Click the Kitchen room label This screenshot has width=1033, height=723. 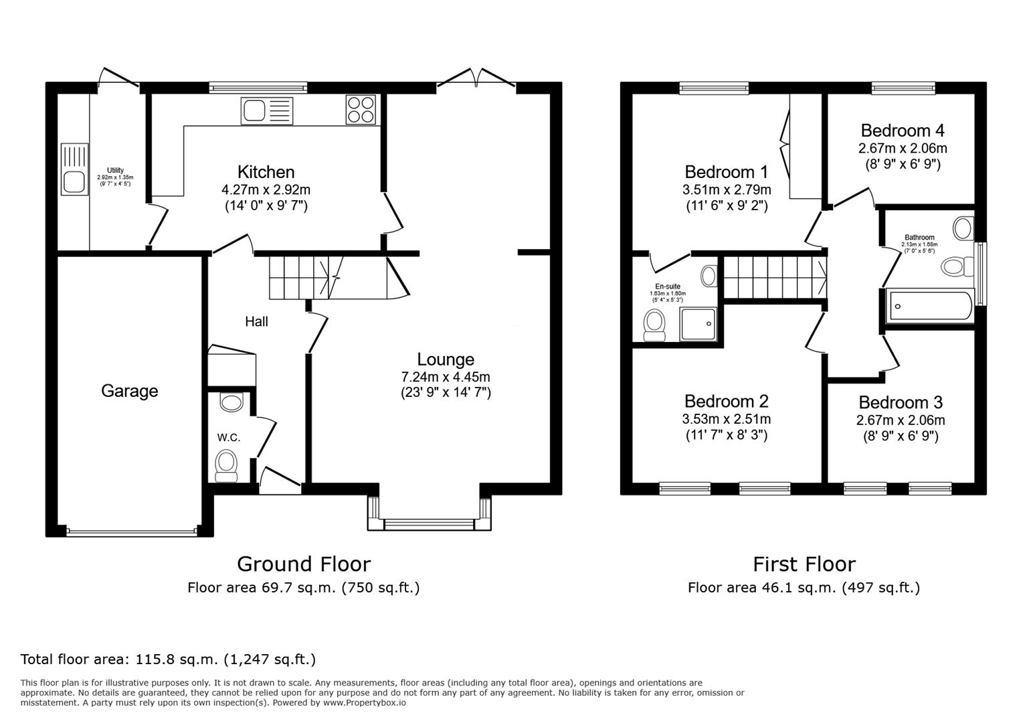[x=266, y=172]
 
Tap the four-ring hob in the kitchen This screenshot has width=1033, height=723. [x=361, y=110]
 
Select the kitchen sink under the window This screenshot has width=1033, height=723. [x=267, y=110]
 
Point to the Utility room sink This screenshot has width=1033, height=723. [x=74, y=169]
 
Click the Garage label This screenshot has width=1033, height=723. [x=129, y=391]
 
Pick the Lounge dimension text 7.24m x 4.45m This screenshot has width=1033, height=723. [x=445, y=377]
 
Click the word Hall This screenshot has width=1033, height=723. [x=256, y=322]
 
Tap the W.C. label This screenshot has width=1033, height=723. [x=228, y=438]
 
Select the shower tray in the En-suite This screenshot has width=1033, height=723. [x=698, y=325]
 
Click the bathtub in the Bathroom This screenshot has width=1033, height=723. [x=929, y=307]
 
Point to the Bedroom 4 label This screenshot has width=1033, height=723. [x=903, y=131]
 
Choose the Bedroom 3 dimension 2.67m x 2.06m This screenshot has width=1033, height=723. [x=901, y=420]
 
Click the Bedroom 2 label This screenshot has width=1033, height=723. [x=726, y=402]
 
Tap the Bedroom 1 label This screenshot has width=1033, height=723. [x=726, y=172]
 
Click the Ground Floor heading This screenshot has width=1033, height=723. [x=303, y=564]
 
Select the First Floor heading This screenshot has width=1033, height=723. [x=804, y=564]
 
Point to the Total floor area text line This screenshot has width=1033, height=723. [x=168, y=659]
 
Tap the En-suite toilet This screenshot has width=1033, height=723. [x=654, y=323]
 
